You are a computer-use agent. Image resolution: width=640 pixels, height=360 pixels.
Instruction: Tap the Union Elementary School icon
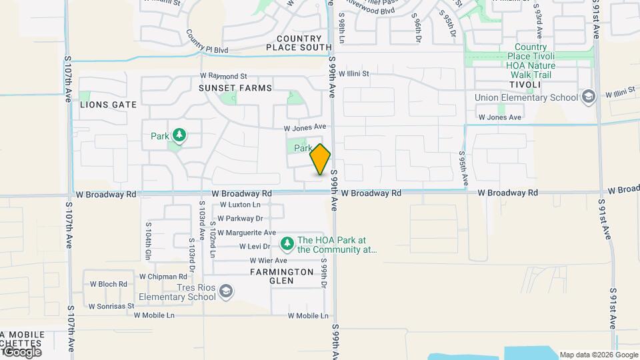coord(588,97)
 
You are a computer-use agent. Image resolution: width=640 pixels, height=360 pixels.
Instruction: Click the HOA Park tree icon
coord(287,245)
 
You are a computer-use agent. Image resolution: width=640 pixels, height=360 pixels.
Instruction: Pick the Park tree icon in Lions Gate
coord(179,136)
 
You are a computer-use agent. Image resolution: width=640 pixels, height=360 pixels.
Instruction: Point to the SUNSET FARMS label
coord(235,88)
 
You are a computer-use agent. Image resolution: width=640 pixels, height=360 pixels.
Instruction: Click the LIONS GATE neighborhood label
coord(108,105)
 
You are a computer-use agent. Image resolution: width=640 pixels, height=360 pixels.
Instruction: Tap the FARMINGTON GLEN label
coord(282,276)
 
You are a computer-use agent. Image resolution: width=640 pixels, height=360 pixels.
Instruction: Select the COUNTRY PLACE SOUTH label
coord(298,43)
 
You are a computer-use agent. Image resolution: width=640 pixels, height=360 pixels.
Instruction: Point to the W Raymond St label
coord(223,77)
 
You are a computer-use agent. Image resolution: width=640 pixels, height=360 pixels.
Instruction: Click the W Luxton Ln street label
coord(240,205)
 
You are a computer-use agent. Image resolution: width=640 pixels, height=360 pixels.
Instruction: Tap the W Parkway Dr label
coord(241,218)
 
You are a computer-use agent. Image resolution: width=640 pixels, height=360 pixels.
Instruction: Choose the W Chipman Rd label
coord(163,277)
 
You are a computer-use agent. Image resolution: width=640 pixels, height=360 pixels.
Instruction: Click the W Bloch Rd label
coord(108,284)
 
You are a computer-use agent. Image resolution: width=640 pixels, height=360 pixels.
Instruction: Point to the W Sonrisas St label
coord(111,307)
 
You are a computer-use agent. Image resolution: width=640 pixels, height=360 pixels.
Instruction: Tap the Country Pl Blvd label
coord(207,42)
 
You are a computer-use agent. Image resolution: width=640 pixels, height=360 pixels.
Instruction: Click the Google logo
coord(21,352)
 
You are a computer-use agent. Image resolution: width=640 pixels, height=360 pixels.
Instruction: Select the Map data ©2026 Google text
coord(599,355)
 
